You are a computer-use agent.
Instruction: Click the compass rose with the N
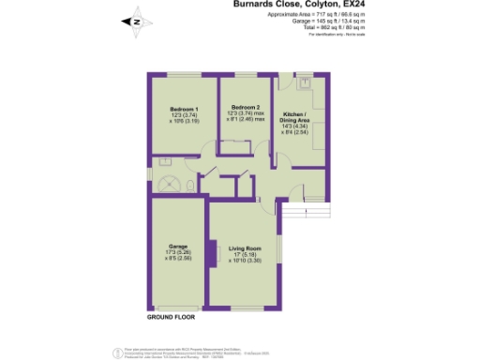pos(135,21)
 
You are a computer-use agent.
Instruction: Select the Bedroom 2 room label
pos(245,108)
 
